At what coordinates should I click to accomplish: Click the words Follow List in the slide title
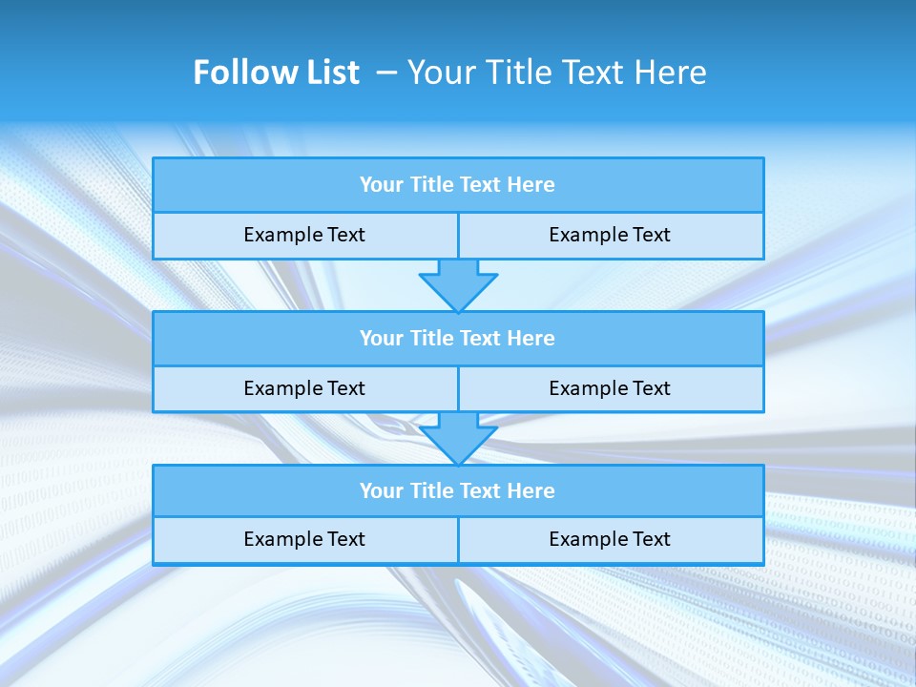coord(276,73)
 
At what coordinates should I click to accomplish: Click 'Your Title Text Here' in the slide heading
coord(556,73)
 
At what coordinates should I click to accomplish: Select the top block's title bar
coord(458,185)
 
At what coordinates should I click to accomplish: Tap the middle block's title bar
coord(458,338)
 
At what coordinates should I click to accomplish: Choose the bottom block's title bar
coord(458,490)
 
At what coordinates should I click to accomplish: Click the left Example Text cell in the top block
coord(304,235)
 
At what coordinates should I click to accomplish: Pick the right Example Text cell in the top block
coord(610,235)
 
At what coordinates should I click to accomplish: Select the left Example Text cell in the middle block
coord(304,388)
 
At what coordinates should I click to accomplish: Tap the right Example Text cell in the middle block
coord(610,388)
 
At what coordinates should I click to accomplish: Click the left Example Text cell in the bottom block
coord(304,539)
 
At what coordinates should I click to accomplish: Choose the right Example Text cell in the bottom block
coord(610,539)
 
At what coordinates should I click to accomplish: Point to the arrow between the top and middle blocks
coord(458,284)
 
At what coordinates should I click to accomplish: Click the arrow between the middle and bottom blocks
coord(458,438)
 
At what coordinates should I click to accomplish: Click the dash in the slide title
coord(386,73)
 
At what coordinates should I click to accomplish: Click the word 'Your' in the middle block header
coord(382,338)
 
